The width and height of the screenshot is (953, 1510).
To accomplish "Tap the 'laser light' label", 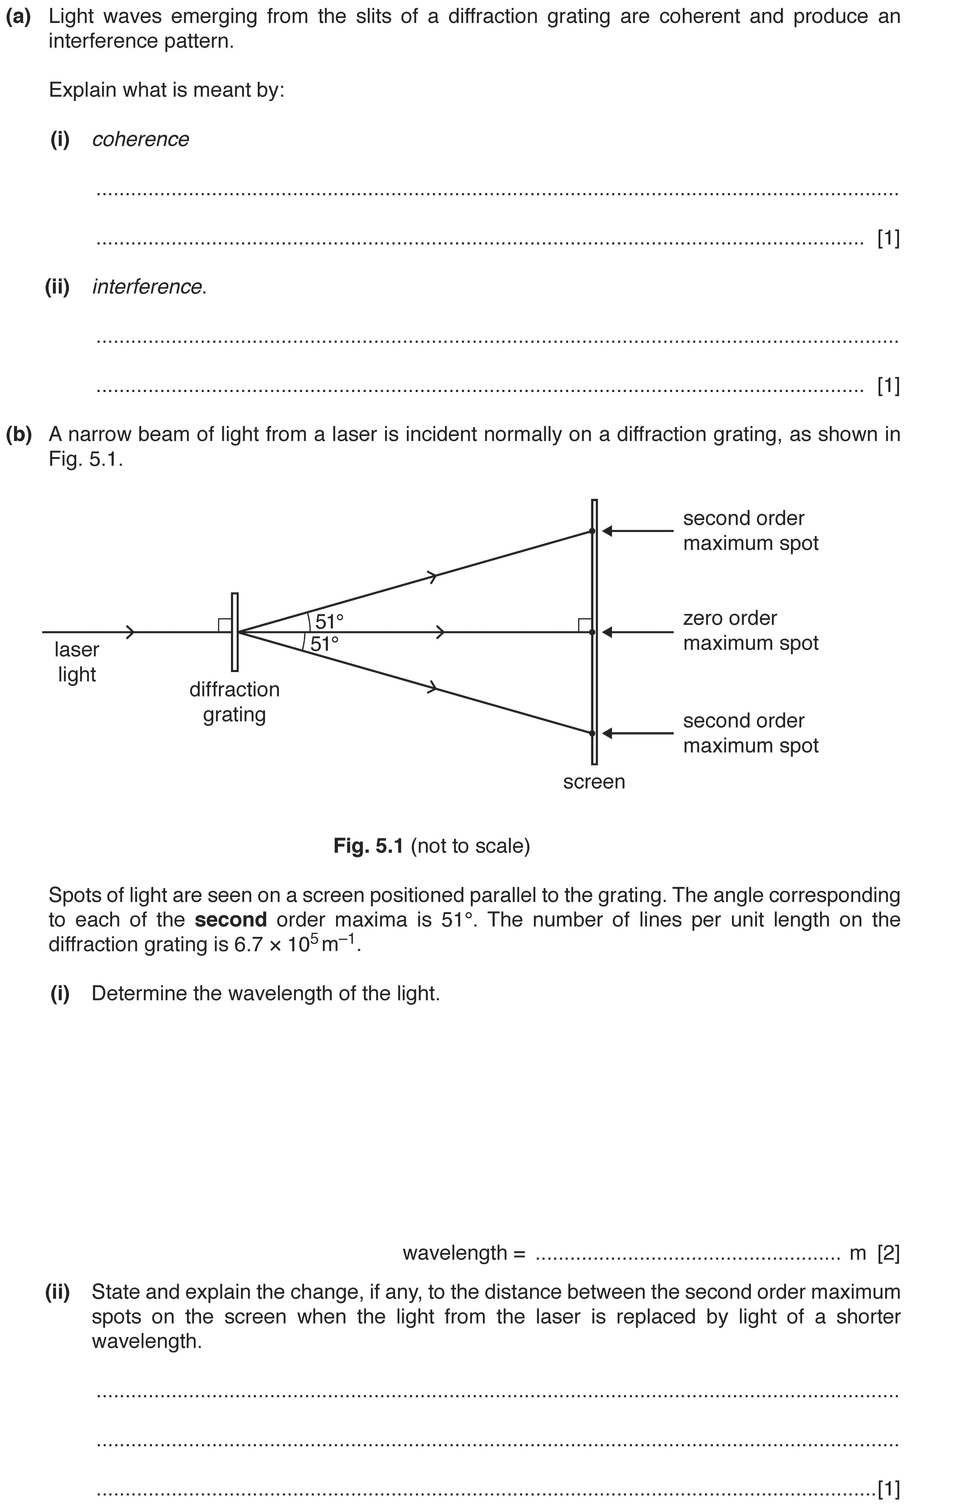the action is [x=76, y=662].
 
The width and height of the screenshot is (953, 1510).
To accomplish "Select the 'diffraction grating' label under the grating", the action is [x=234, y=702].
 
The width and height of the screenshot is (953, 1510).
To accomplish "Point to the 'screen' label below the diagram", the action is [x=594, y=782].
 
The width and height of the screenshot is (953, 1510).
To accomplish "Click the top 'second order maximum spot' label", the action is [x=751, y=530].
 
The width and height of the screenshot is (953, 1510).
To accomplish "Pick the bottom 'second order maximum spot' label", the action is [x=751, y=733].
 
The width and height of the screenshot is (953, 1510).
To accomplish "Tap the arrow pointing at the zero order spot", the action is [x=638, y=632].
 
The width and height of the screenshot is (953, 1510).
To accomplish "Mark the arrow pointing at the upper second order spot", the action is [x=638, y=531].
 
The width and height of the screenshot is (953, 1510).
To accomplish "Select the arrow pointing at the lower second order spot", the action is [x=638, y=733].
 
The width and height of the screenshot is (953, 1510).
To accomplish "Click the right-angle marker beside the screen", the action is [x=584, y=625].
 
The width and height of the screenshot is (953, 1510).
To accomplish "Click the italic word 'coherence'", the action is [x=140, y=139].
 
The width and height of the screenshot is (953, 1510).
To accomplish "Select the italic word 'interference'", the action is [x=147, y=287].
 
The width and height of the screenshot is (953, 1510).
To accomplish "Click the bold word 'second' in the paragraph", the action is [x=231, y=919].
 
